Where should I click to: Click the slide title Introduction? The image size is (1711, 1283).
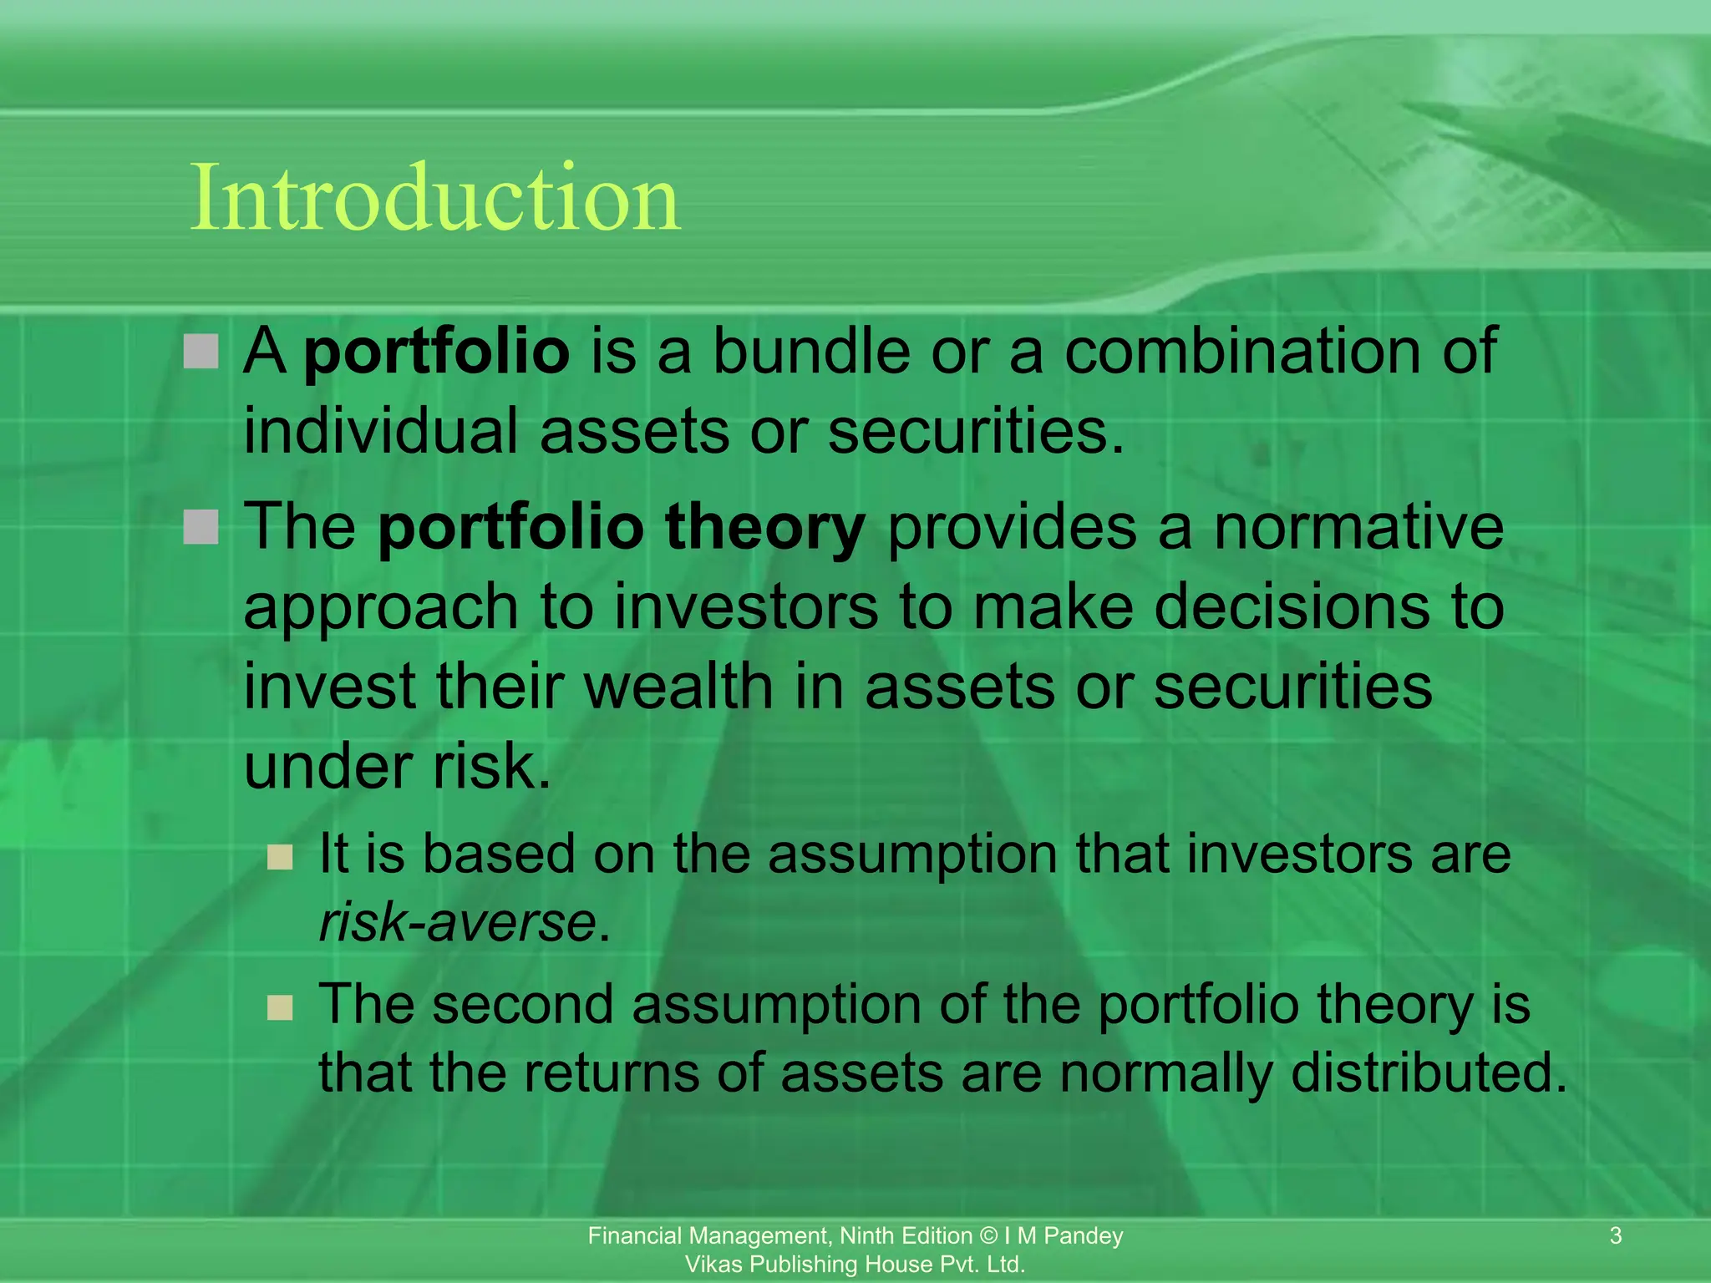point(435,199)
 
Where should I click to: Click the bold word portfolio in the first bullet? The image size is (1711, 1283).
point(436,352)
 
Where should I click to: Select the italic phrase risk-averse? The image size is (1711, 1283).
point(458,923)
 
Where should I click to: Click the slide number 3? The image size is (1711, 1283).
point(1616,1235)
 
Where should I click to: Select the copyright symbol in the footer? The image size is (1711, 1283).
point(988,1235)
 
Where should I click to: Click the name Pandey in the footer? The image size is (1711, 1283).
point(1084,1235)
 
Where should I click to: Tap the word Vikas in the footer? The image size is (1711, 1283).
point(713,1264)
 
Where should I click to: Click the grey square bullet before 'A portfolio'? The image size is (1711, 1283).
point(201,352)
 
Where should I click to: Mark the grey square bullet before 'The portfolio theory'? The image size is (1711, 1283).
point(201,527)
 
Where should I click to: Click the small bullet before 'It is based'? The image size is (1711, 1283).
point(280,857)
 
